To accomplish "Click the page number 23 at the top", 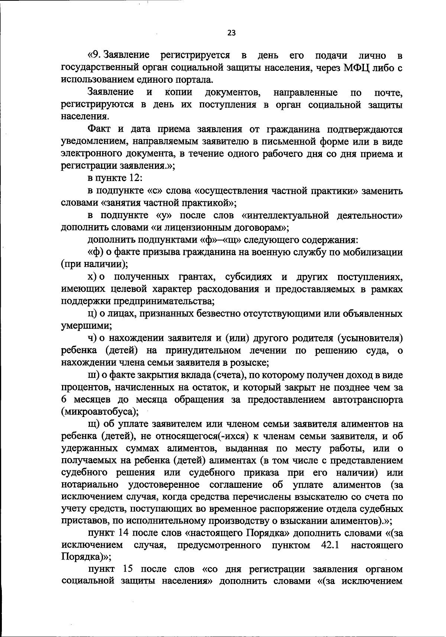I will [x=231, y=33].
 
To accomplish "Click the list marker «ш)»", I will [x=93, y=375].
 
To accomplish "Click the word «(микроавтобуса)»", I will [x=100, y=412].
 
